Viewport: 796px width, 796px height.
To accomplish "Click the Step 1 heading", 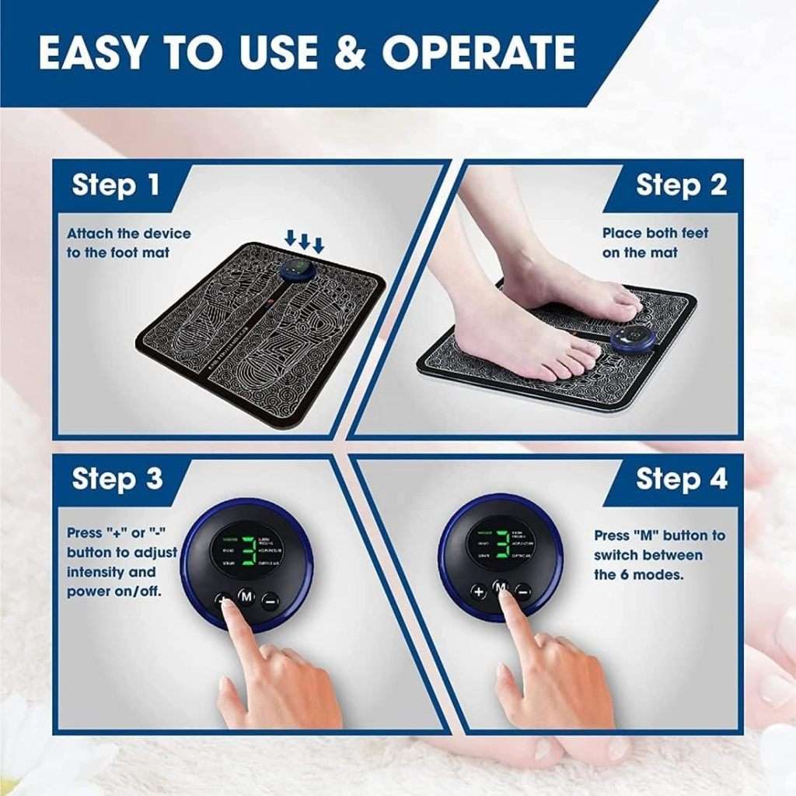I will tap(116, 185).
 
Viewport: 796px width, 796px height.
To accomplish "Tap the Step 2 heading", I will tap(681, 185).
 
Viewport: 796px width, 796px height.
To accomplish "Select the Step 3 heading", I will tap(117, 479).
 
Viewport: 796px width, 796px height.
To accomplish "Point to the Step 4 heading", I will tap(681, 479).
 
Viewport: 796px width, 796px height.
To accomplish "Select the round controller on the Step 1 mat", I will tap(295, 273).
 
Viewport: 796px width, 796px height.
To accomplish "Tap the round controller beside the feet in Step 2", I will tap(630, 338).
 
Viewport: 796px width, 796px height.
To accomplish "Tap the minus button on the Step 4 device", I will tap(523, 591).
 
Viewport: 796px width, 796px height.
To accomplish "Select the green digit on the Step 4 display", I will tap(502, 545).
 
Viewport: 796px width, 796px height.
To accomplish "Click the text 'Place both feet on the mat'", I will tap(655, 243).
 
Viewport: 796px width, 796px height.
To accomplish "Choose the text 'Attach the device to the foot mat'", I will tap(128, 243).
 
